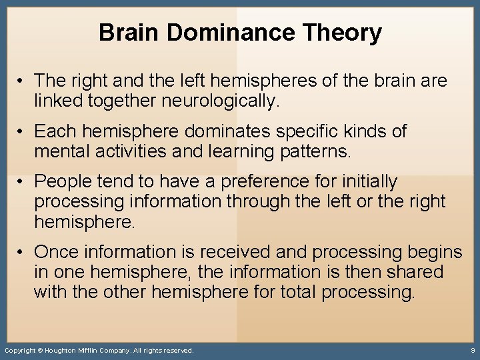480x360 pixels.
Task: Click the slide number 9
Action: pyautogui.click(x=472, y=350)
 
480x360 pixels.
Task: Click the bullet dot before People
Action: pyautogui.click(x=23, y=181)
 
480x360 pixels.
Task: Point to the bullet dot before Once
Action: pyautogui.click(x=23, y=252)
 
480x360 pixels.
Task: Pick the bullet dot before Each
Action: pyautogui.click(x=23, y=131)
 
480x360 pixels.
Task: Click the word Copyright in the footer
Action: pyautogui.click(x=20, y=350)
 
